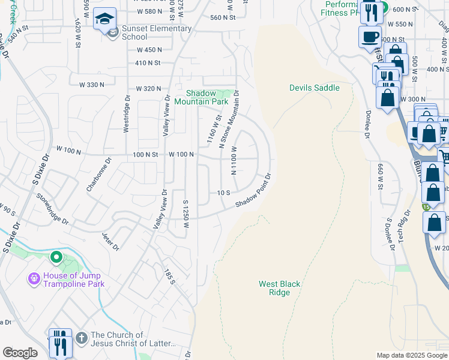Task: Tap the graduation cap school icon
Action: point(104,18)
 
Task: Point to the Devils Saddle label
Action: point(314,88)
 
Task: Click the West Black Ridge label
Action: point(279,288)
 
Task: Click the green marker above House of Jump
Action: point(56,257)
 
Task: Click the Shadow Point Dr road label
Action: point(254,191)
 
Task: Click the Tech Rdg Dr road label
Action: point(403,227)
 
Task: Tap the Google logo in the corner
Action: point(20,353)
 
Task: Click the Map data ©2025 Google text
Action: point(411,355)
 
